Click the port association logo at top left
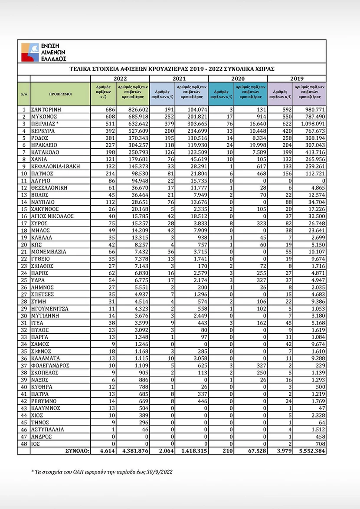tap(43, 52)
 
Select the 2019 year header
tap(297, 79)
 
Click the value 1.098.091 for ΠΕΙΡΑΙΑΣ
tap(311, 124)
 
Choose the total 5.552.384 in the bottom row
tap(311, 451)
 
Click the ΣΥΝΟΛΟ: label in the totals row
tap(77, 451)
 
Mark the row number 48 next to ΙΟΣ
tap(24, 444)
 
